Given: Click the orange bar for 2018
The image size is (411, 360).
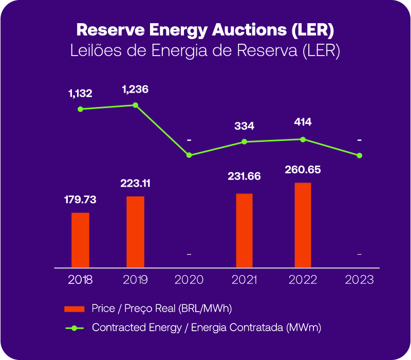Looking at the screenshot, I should tap(80, 240).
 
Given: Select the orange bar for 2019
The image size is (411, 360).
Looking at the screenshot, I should tap(135, 232).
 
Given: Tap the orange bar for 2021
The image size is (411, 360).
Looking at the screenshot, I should tap(244, 230).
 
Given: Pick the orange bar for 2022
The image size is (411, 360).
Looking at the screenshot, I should tap(303, 225).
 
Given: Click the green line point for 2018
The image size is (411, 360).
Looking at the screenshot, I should tap(80, 109).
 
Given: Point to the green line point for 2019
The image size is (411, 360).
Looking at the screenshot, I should tap(135, 105).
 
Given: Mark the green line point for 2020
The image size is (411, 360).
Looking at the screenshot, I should tap(189, 155).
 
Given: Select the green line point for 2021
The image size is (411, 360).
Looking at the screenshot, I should tap(244, 141).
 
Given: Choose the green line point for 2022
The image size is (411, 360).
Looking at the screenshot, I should tap(303, 139).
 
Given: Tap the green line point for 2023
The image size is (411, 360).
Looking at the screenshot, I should tap(360, 155).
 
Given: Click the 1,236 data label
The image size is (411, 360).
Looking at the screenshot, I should tap(135, 89).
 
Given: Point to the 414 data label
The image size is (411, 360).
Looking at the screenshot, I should tap(303, 122).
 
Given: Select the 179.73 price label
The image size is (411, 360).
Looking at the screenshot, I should tap(80, 200).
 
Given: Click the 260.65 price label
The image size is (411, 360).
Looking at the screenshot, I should tap(303, 169).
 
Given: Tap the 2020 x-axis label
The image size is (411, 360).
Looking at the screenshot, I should tap(189, 280).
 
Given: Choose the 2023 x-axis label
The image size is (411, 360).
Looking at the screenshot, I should tap(360, 280).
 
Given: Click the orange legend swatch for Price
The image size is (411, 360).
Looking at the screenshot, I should tap(73, 309).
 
